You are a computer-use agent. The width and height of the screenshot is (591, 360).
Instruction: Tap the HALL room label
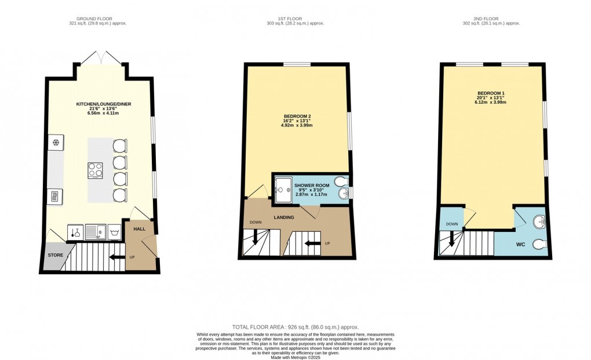coord(139,229)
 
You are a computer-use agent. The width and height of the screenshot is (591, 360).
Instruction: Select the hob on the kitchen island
coord(96,170)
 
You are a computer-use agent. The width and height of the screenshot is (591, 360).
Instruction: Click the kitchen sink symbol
coord(94,232)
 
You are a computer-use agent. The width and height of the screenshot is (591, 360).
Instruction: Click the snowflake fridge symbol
coord(57,143)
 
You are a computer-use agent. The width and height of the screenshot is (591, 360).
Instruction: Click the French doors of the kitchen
coord(100,58)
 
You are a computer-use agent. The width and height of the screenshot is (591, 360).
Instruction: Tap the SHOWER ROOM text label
coord(311,186)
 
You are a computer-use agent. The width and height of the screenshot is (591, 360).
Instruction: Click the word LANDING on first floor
coord(284,217)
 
